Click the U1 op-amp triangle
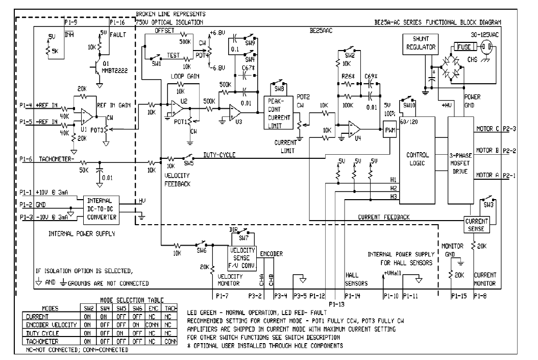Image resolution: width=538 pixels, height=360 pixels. coord(86,116)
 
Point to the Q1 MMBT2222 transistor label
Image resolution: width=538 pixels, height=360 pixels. coord(115,67)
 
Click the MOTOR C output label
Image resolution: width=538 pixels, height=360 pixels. coord(487,129)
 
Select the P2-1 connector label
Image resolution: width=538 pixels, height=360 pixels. coord(509,176)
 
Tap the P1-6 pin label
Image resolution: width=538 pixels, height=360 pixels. coord(26,159)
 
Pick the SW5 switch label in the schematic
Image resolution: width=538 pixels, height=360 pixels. coord(189,163)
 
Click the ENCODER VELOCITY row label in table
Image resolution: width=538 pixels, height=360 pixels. coord(52,325)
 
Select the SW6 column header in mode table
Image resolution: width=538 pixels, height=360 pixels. coord(137,308)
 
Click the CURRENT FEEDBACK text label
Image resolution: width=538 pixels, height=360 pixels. coord(384,217)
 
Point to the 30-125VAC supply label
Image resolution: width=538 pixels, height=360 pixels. coord(484,35)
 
